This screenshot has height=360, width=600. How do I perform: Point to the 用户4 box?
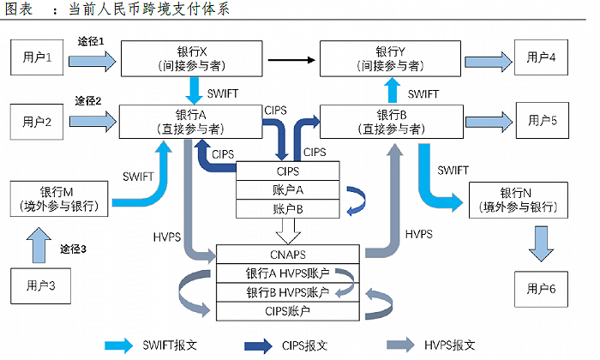[x=542, y=58]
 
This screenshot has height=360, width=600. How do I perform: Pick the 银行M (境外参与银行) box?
[x=57, y=198]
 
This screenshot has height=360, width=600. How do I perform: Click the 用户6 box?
[x=542, y=289]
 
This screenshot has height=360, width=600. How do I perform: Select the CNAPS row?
[x=287, y=255]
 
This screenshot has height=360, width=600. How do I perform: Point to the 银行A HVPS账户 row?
[x=287, y=274]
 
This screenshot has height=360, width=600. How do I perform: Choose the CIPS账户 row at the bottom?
[x=287, y=311]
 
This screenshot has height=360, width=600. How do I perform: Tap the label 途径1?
[x=90, y=41]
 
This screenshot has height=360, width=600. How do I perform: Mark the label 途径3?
[x=74, y=249]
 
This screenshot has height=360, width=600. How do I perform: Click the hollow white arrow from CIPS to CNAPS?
[x=288, y=230]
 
